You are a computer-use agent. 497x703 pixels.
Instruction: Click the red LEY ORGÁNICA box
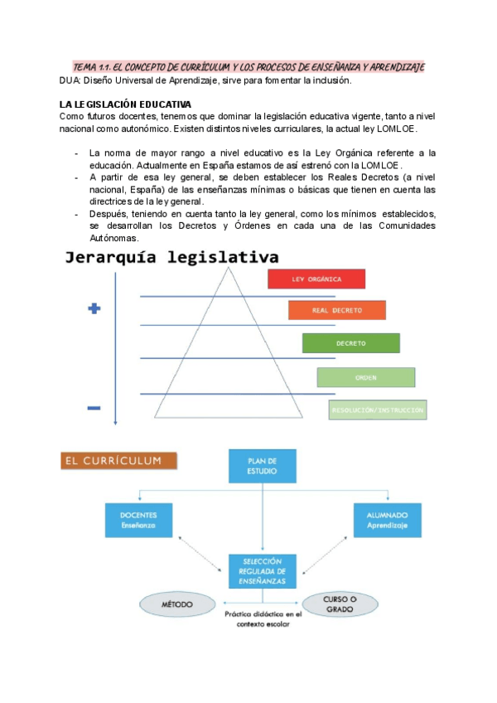click(316, 279)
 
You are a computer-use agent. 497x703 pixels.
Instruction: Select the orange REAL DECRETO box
click(336, 310)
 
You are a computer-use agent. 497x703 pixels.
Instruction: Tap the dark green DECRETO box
click(351, 342)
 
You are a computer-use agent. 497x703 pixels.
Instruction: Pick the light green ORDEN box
click(365, 377)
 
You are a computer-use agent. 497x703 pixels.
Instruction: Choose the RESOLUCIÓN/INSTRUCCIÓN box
click(379, 410)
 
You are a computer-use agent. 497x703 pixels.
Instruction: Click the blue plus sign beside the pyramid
click(94, 308)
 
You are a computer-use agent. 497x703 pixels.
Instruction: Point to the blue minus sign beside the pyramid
click(94, 407)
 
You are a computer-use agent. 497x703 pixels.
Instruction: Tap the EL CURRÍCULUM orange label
click(117, 460)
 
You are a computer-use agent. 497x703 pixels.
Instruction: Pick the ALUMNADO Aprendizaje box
click(387, 520)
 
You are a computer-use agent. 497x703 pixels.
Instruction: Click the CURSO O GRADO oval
click(340, 605)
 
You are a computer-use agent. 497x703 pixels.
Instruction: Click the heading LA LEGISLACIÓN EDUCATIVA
click(125, 104)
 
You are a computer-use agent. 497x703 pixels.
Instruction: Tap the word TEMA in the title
click(84, 66)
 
